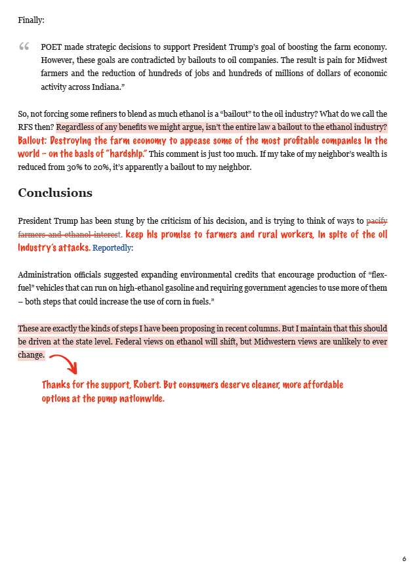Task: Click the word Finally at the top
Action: click(x=31, y=20)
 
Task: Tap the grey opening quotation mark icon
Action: click(x=24, y=47)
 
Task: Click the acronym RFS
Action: click(x=26, y=127)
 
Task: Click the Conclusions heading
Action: click(x=55, y=193)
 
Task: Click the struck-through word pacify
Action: click(x=377, y=220)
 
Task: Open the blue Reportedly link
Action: click(x=113, y=248)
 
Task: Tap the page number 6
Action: click(x=404, y=558)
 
